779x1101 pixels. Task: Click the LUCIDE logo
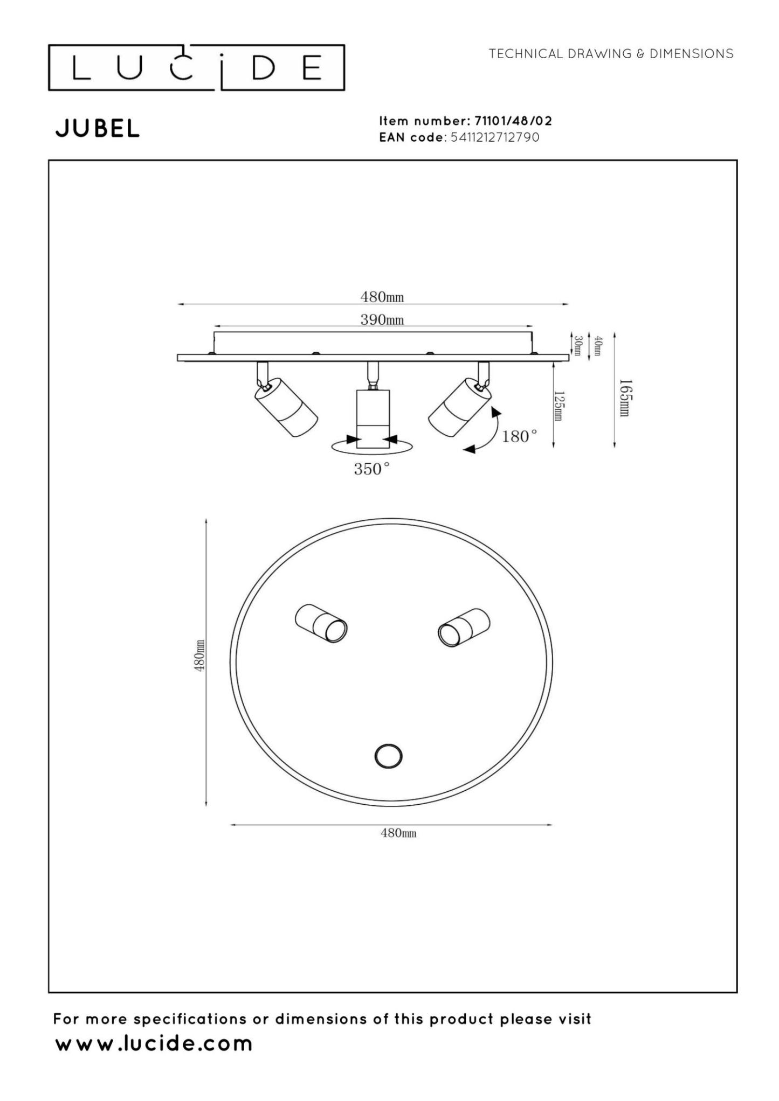[196, 68]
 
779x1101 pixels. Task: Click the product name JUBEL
[98, 129]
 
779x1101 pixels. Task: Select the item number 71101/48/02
[513, 121]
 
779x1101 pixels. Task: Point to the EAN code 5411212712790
[494, 137]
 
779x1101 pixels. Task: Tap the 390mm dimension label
[382, 320]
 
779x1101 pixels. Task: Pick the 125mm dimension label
[559, 406]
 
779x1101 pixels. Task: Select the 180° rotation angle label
[519, 436]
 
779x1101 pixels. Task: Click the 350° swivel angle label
[371, 469]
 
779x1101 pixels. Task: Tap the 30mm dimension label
[578, 345]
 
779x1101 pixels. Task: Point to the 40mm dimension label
[598, 345]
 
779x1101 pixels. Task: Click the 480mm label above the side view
[382, 297]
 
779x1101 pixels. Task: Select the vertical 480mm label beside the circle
[199, 655]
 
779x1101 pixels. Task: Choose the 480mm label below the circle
[398, 833]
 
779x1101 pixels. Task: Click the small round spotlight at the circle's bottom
[388, 756]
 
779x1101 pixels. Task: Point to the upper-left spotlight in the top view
[321, 623]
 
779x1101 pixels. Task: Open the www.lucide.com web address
[154, 1043]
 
